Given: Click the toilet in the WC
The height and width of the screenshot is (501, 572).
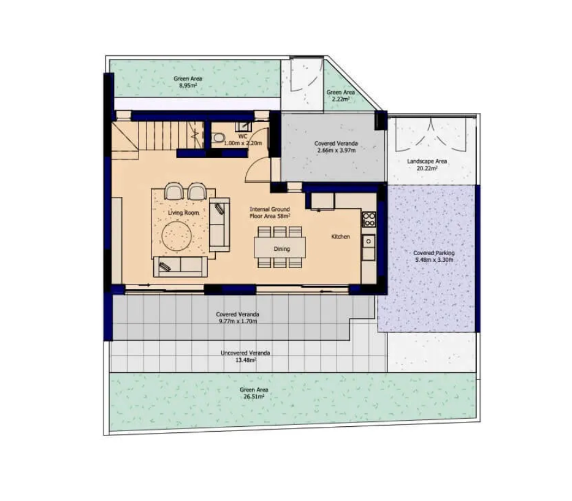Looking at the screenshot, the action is tap(218, 138).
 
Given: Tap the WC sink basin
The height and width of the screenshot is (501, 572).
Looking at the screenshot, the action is tap(243, 126).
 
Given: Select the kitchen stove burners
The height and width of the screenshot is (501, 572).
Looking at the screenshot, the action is tap(369, 220).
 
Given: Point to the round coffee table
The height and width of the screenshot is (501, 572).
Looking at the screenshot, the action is tap(177, 235).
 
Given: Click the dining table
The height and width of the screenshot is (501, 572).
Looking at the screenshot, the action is tap(280, 247).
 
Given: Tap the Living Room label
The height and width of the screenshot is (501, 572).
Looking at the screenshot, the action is tap(183, 212).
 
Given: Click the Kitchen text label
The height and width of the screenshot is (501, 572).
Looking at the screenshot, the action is tap(340, 237).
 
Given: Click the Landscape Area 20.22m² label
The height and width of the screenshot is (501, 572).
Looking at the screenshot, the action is tap(427, 164).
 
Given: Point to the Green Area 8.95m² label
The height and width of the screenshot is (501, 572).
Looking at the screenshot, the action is tap(188, 82).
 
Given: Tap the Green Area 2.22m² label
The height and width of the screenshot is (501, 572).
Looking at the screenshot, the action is tap(340, 96).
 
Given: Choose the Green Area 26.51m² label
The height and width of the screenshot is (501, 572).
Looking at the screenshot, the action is tap(254, 393).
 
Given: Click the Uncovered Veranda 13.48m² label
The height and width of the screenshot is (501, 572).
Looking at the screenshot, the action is tap(245, 356).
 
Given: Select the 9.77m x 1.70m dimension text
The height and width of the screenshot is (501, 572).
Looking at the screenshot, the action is tap(237, 321).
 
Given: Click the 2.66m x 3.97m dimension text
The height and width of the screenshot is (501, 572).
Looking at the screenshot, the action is tap(336, 150).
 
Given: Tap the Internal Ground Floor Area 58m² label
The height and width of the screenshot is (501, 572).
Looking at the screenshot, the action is tap(270, 212).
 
